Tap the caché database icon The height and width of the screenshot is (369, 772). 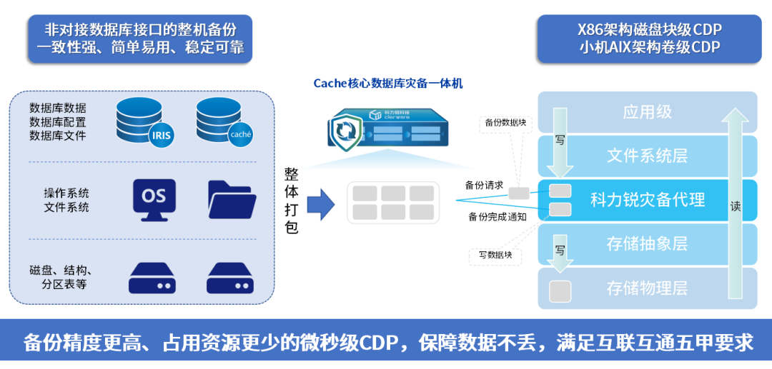(222, 121)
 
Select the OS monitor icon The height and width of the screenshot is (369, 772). (153, 198)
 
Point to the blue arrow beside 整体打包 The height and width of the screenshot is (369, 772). (321, 204)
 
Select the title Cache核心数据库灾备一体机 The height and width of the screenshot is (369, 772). (388, 84)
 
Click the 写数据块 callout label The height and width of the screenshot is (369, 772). (495, 254)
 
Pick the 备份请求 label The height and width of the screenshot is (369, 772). (484, 186)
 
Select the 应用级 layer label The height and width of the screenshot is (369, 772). (647, 112)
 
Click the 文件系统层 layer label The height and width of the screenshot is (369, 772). (647, 155)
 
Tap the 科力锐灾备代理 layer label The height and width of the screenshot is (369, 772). (648, 200)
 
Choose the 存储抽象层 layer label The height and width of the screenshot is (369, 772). (647, 243)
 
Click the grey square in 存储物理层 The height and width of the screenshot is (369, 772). (560, 290)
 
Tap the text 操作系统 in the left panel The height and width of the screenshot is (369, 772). (66, 193)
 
